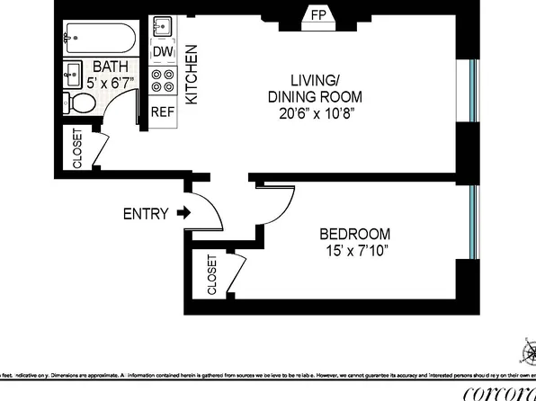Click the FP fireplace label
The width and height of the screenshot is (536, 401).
pyautogui.click(x=317, y=15)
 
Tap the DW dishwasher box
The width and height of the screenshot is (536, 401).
pyautogui.click(x=163, y=52)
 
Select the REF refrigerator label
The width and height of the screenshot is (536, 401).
pyautogui.click(x=162, y=112)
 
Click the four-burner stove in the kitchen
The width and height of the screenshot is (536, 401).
pyautogui.click(x=163, y=82)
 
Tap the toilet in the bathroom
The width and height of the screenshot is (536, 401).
pyautogui.click(x=82, y=103)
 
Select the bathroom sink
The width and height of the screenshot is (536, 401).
pyautogui.click(x=72, y=76)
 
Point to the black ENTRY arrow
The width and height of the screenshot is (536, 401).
pyautogui.click(x=183, y=214)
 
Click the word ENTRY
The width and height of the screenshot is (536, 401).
pyautogui.click(x=146, y=214)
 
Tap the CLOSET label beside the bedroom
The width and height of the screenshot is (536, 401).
pyautogui.click(x=212, y=275)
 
